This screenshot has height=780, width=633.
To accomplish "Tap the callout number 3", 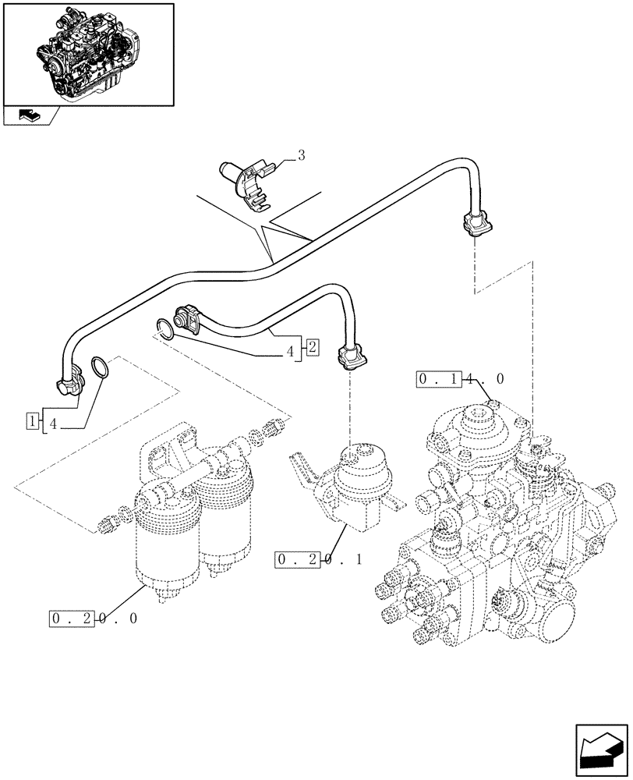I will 301,155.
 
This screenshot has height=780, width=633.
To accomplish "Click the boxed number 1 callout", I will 32,422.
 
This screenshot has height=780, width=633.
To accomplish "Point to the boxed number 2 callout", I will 310,347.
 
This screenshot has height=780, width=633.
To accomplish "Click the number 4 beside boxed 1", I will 53,424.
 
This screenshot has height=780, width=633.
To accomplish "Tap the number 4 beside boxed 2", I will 290,352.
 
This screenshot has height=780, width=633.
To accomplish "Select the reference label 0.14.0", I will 461,379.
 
